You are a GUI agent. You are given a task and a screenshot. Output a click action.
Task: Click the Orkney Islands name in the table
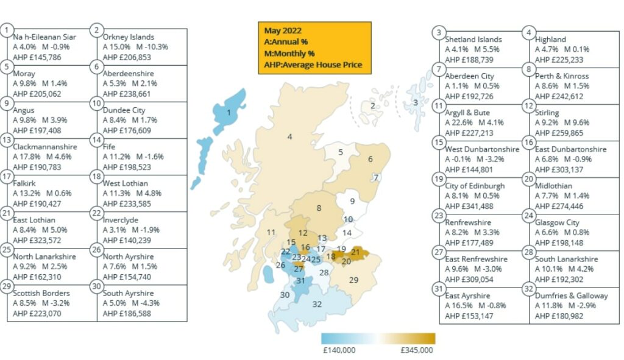pos(128,37)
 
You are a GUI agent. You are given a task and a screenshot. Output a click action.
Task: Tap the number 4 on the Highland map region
pos(290,136)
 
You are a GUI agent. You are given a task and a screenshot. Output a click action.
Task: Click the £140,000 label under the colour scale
pos(339,350)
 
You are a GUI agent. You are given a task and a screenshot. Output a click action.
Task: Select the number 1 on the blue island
pos(229,112)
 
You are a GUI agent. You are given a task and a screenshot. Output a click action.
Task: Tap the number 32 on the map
pos(317,303)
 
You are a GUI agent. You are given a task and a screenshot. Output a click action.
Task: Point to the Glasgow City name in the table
pos(557,223)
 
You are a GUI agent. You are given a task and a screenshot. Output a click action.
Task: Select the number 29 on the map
pos(353,280)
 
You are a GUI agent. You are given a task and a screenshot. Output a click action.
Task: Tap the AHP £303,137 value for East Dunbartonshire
pos(559,169)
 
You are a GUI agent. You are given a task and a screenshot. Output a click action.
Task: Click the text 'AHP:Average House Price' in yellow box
pos(313,65)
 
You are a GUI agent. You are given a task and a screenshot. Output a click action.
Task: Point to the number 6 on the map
pos(370,159)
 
